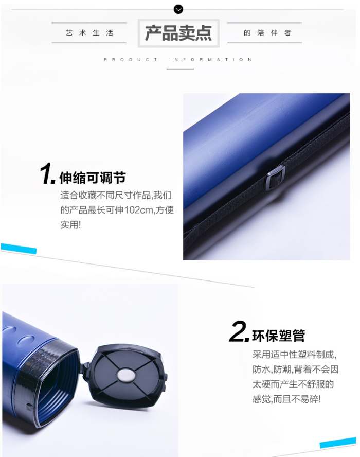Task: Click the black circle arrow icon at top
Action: click(178, 10)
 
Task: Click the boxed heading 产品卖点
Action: click(178, 33)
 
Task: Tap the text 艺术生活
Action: click(89, 33)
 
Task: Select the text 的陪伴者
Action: click(267, 33)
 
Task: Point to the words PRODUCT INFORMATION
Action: click(178, 60)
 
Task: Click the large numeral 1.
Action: click(47, 173)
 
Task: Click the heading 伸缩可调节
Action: click(93, 178)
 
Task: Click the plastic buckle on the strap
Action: click(275, 177)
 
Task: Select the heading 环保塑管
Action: click(278, 336)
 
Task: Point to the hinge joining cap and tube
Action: click(84, 370)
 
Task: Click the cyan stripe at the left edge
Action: click(19, 249)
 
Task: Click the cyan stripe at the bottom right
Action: click(338, 443)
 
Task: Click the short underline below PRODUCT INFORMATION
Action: click(180, 69)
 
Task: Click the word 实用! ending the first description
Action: click(70, 225)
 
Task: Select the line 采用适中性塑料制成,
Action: click(295, 355)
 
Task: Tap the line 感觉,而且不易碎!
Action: click(286, 399)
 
